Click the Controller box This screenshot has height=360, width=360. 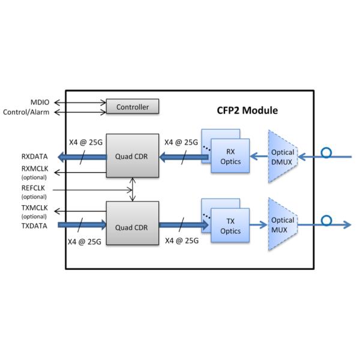[133, 107]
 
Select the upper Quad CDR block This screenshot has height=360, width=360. [133, 157]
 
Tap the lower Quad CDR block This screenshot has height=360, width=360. [133, 226]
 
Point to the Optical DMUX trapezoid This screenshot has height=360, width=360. [282, 157]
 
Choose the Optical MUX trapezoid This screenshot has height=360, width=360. [282, 226]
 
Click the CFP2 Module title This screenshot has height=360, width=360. [247, 111]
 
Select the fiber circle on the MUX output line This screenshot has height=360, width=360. [326, 221]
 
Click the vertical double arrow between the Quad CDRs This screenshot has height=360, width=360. [133, 190]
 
